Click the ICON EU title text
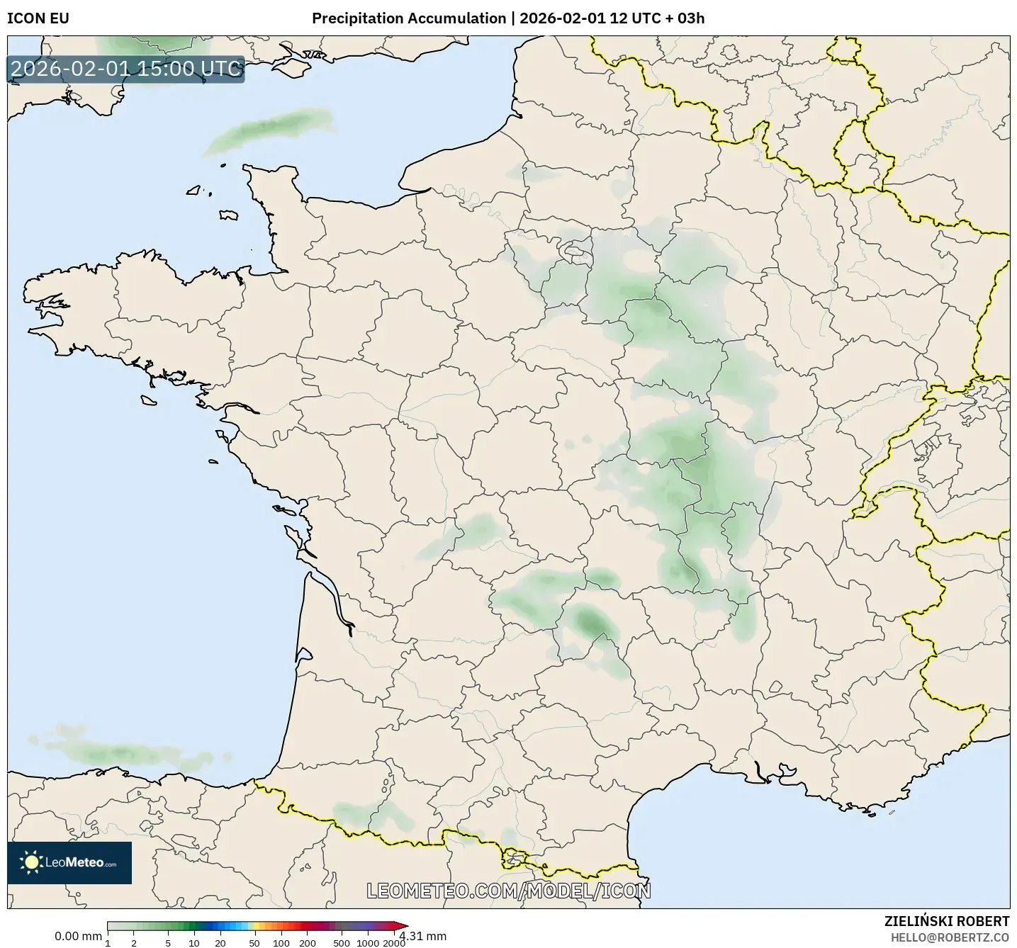tap(38, 18)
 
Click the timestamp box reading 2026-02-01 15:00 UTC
tap(126, 69)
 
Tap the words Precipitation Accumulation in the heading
tap(409, 18)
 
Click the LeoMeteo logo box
tap(69, 862)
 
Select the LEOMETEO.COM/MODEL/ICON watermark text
tap(508, 891)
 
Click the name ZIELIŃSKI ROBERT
tap(947, 921)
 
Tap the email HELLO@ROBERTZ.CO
tap(950, 937)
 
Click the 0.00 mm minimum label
tap(78, 936)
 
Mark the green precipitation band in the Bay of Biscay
tap(120, 752)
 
